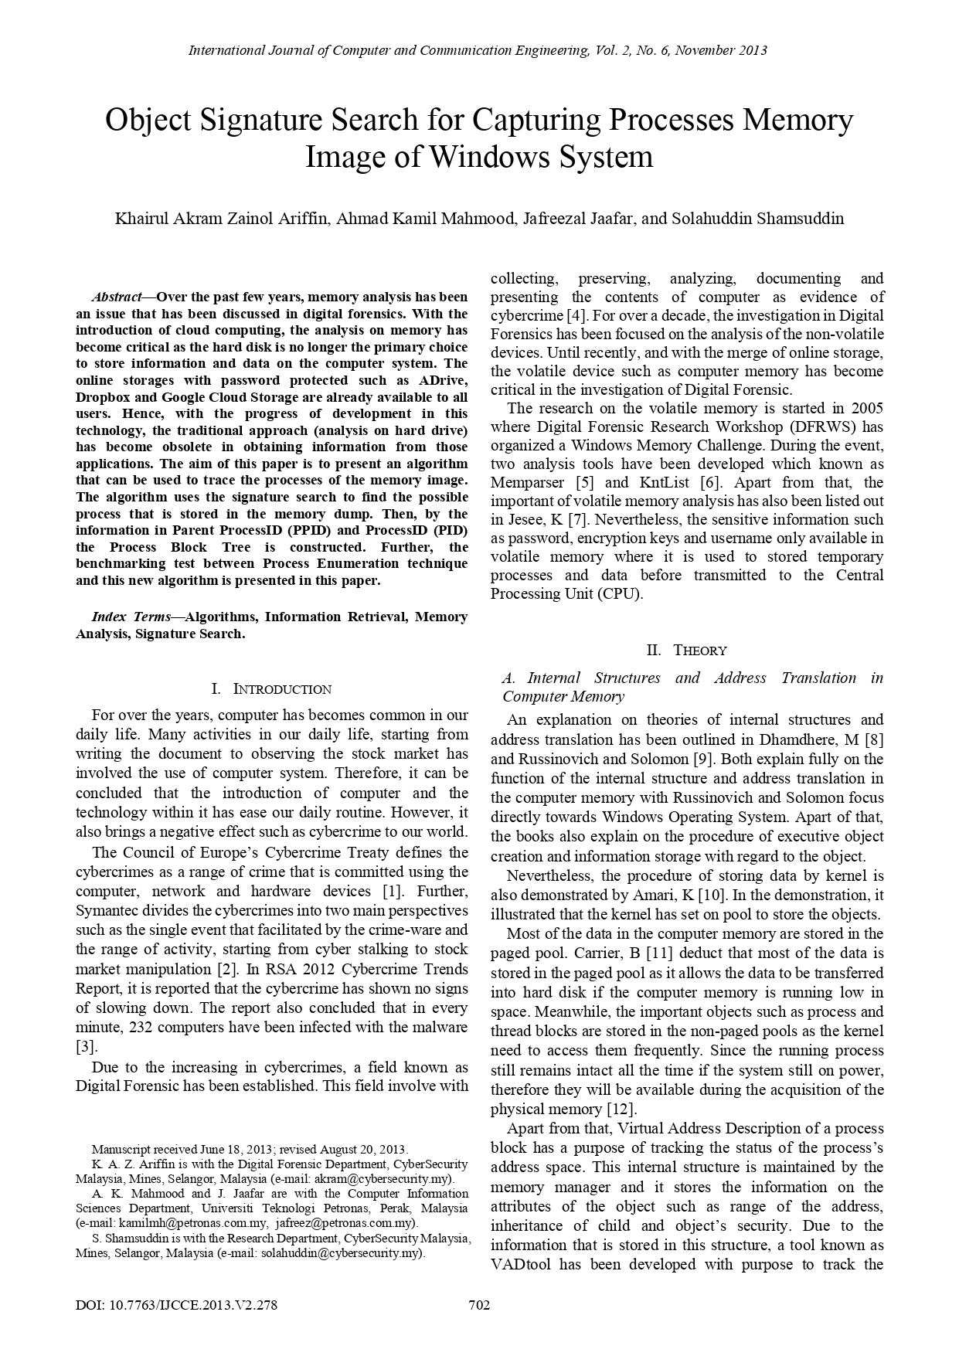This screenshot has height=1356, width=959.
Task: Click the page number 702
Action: click(479, 1305)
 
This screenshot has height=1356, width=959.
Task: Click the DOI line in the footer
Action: click(176, 1305)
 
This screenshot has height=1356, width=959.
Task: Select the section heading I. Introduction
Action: click(271, 689)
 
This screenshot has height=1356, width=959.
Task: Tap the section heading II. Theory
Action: click(686, 650)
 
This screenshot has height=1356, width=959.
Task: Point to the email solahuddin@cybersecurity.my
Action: click(342, 1252)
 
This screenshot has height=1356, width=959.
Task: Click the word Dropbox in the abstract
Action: click(101, 397)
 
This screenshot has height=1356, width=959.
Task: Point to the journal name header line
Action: click(478, 51)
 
